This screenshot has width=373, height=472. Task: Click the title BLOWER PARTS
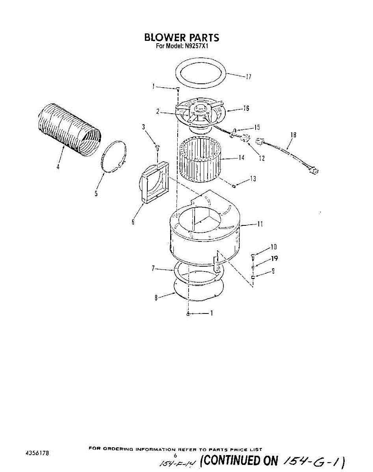181,38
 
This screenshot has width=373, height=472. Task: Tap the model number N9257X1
197,46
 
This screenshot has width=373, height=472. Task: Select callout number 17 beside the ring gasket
248,77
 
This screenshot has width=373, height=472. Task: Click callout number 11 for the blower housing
260,224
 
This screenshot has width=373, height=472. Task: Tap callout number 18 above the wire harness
293,135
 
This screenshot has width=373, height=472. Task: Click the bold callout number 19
275,258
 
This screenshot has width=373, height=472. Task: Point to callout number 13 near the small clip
253,179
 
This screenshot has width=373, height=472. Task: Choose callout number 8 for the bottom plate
156,298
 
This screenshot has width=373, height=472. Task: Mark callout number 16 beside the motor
246,109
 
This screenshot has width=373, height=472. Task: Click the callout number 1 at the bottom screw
212,313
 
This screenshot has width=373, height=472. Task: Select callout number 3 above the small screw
144,127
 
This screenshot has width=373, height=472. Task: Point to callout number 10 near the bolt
274,247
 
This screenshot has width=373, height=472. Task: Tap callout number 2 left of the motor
157,111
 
